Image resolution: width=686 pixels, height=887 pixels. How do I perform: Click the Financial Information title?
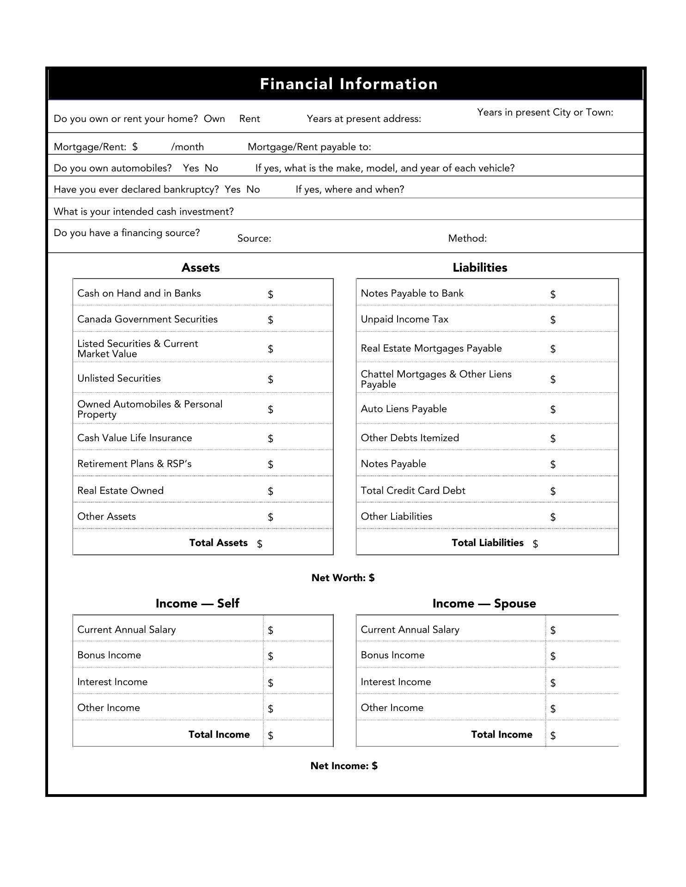point(349,84)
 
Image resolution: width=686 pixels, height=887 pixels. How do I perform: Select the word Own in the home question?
point(214,119)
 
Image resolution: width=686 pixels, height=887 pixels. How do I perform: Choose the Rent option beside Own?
point(250,119)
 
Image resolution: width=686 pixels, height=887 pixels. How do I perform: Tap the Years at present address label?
point(364,119)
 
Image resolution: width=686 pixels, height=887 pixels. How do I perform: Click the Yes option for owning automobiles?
point(190,168)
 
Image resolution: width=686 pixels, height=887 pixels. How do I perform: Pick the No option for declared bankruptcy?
point(253,189)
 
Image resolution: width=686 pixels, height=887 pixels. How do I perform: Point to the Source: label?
point(254,238)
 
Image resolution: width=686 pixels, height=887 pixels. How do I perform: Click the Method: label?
point(467,238)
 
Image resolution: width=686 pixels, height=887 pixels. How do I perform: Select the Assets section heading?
point(200,267)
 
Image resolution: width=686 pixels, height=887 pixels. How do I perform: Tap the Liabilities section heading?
point(480,267)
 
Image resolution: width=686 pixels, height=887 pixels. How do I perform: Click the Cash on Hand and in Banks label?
point(139,293)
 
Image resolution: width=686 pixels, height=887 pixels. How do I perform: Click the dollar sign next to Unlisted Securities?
point(270,379)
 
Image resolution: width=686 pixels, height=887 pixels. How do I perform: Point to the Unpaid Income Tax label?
point(404,319)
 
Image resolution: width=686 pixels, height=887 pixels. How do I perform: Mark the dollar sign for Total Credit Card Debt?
point(553,491)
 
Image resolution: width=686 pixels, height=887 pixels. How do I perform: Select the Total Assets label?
point(218,543)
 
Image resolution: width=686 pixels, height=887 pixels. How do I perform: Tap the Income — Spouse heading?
point(484,603)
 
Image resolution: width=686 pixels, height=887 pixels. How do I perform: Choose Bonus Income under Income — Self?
point(109,655)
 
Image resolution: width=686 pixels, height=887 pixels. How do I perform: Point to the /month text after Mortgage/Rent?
point(187,147)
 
